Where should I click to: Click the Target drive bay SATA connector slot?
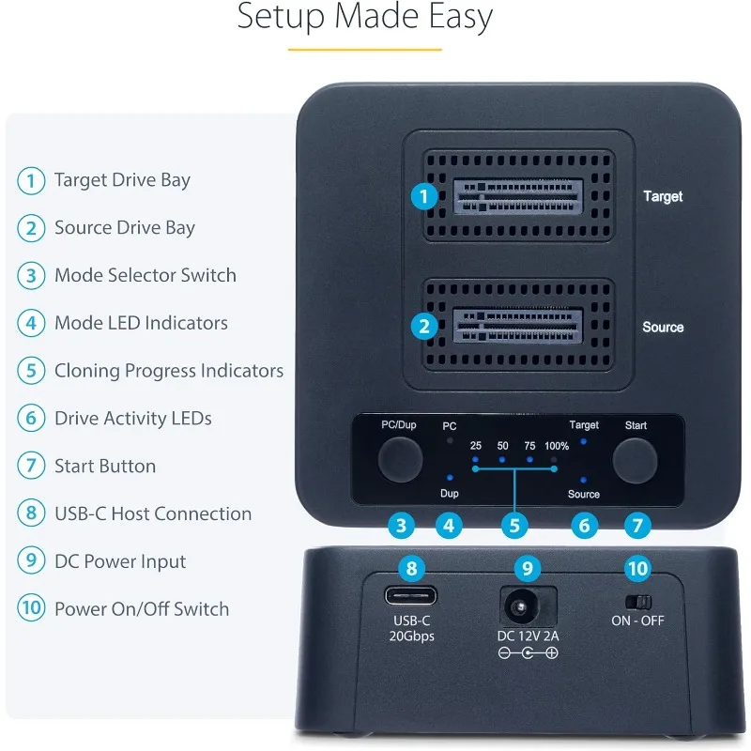[x=517, y=195]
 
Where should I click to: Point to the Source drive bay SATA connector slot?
[x=517, y=326]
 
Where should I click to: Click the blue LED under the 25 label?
[x=476, y=461]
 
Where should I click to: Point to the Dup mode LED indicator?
[x=450, y=478]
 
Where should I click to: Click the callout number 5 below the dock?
[x=513, y=526]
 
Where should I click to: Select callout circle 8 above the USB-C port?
[x=411, y=567]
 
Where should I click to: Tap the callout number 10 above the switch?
[x=637, y=567]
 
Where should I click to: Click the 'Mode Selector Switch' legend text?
[x=146, y=275]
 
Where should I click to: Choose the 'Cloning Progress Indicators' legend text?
[x=169, y=371]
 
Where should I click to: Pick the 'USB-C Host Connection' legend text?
[x=153, y=513]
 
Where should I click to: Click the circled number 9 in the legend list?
[x=31, y=561]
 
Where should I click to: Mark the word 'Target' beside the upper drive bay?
[x=663, y=196]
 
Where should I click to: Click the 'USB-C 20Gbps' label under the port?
[x=412, y=629]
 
